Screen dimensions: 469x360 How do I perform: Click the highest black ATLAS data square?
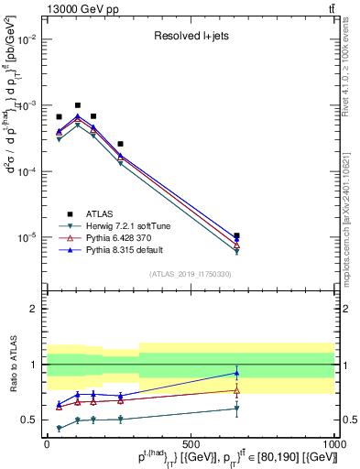point(78,105)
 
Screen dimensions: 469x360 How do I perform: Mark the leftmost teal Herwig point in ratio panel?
point(60,428)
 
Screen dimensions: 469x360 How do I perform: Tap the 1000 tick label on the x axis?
point(334,443)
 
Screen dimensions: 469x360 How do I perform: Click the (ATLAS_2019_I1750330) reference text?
point(191,274)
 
